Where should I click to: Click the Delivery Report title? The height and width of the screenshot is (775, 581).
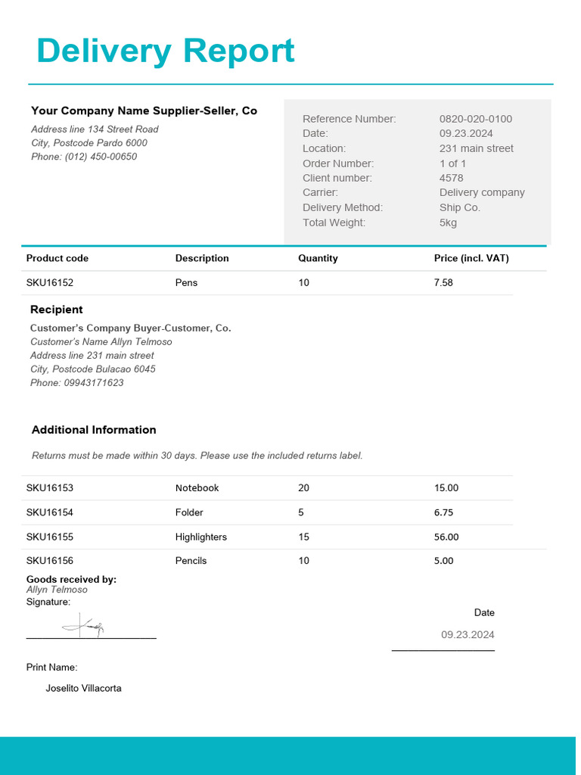tap(165, 51)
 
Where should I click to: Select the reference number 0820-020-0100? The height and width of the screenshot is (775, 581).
tap(475, 119)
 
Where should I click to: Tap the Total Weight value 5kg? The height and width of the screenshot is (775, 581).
tap(448, 223)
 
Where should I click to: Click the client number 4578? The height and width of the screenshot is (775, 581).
tap(451, 178)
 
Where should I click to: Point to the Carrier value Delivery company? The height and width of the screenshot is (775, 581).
tap(481, 193)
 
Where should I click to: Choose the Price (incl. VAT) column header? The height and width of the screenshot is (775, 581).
tap(471, 258)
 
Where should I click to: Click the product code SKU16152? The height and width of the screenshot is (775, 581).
tap(50, 282)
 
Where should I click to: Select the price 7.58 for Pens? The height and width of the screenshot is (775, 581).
tap(443, 282)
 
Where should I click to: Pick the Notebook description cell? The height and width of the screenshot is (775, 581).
tap(197, 488)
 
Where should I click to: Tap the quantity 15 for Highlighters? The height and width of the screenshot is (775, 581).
tap(303, 537)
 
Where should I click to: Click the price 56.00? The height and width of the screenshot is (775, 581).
tap(446, 537)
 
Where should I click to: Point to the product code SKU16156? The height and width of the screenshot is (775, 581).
tap(50, 561)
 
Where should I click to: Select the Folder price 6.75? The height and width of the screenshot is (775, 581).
tap(443, 512)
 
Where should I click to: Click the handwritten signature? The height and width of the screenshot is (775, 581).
tap(84, 626)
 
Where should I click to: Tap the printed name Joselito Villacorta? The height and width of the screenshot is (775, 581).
tap(83, 689)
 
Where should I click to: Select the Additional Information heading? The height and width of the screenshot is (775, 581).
tap(94, 430)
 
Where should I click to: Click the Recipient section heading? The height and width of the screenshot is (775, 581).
tap(57, 310)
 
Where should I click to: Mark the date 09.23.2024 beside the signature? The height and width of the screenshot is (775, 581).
tap(468, 635)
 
